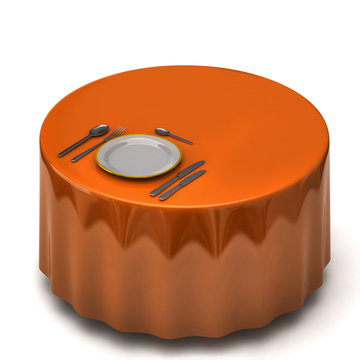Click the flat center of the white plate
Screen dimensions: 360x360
coord(138,154)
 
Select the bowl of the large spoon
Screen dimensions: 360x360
coord(99,130)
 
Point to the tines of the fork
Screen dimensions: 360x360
coord(116,132)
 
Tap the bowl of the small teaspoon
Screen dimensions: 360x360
coord(162,130)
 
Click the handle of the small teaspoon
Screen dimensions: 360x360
coord(180,138)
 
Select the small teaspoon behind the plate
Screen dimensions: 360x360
coord(173,135)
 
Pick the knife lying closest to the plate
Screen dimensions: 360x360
coord(177,177)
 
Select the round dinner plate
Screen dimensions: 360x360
coord(138,154)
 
